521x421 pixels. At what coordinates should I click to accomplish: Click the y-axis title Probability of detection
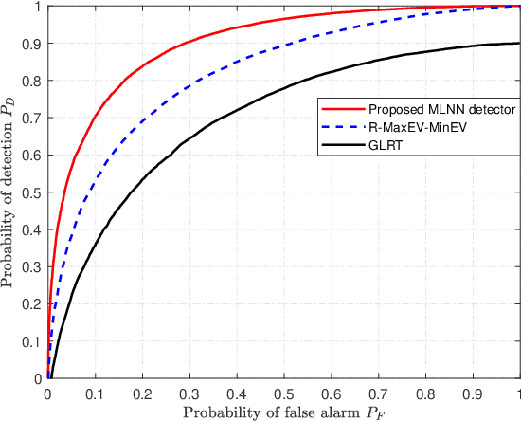point(11,191)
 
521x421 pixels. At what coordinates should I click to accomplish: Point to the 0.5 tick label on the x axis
point(284,392)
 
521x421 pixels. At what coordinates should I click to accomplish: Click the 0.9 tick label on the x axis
point(473,392)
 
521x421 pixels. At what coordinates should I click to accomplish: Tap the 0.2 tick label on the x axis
point(142,392)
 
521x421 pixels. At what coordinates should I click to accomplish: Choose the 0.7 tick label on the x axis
point(378,392)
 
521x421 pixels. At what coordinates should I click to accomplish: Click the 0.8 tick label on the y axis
point(32,81)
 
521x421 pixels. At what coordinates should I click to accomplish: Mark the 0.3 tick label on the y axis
point(32,266)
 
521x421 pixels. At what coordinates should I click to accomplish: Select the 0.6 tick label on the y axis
point(32,155)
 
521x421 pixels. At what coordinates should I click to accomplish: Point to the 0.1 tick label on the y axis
point(32,341)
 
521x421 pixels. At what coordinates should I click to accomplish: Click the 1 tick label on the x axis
point(518,392)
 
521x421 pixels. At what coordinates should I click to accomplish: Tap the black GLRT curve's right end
point(519,43)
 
